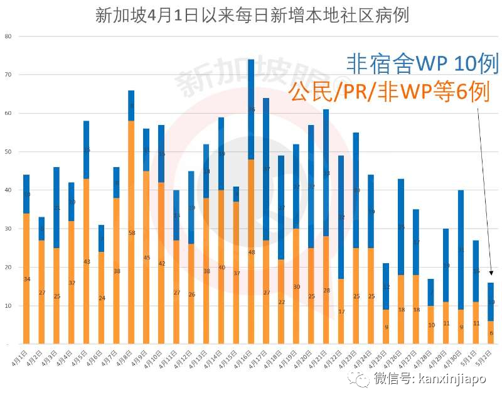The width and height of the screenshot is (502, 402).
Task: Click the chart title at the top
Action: coord(252,15)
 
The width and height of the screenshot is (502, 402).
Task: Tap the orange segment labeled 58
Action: coord(131,232)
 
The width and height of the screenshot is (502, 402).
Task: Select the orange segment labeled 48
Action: coord(251,251)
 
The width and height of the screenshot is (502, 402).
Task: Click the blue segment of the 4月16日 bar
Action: coord(251,109)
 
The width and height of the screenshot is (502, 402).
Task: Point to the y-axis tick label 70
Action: coord(8,75)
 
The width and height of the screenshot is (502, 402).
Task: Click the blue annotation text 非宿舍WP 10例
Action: coord(422,63)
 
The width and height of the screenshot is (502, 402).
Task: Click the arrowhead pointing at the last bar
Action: coord(491,274)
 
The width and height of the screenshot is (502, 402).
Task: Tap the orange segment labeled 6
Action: coord(491,333)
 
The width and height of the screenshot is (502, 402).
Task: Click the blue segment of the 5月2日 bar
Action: coord(491,302)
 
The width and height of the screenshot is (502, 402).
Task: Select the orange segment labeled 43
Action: coord(87,261)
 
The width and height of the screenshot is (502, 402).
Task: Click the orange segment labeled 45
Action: coord(146,258)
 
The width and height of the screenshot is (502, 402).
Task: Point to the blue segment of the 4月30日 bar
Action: coord(461,250)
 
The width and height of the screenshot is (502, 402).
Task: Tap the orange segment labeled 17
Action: coord(341,312)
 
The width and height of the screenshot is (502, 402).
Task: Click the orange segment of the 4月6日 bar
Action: coord(101,298)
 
